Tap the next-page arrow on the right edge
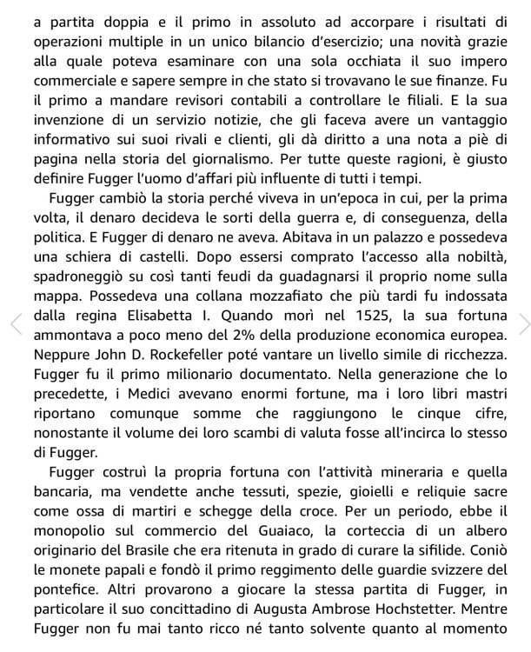pyautogui.click(x=523, y=323)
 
